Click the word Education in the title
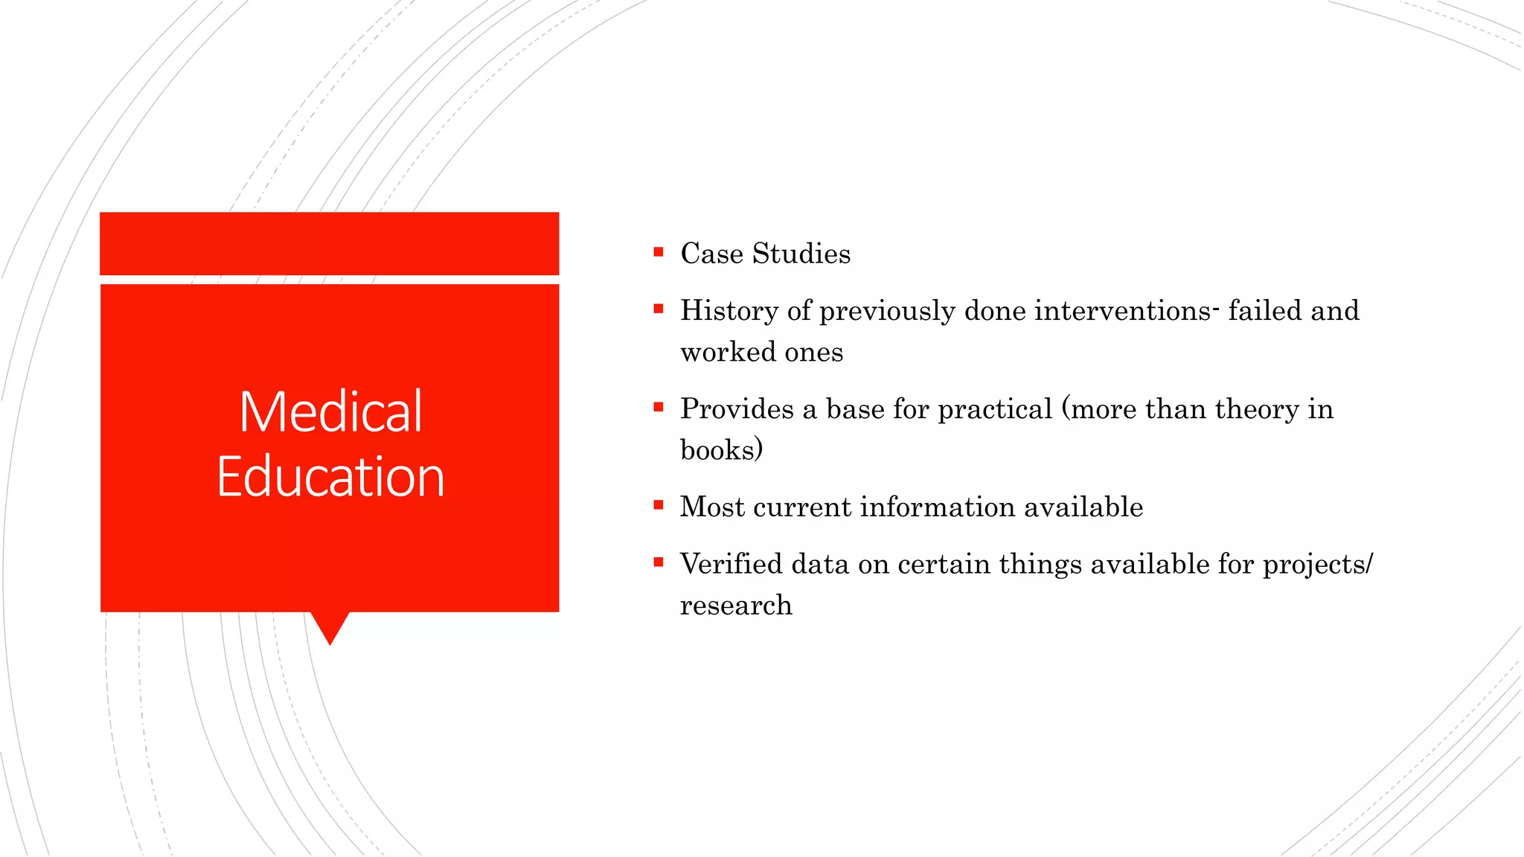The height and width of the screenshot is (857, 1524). click(x=331, y=477)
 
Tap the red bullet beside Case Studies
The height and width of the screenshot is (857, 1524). click(x=658, y=252)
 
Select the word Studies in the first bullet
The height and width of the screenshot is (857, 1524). click(x=801, y=254)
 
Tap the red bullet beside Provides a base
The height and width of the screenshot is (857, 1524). click(x=658, y=407)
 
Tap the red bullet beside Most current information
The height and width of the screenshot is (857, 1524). click(x=658, y=505)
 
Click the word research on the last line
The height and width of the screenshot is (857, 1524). click(x=736, y=606)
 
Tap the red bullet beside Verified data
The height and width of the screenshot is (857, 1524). click(x=658, y=562)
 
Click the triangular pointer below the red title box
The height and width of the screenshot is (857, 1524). click(x=330, y=625)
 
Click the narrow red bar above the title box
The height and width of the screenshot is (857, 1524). click(x=329, y=243)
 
